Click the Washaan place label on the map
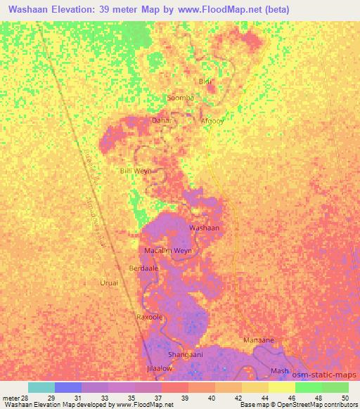205,228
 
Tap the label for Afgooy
212,121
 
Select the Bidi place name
205,82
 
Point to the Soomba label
180,98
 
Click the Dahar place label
162,120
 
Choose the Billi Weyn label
136,171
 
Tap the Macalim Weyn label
167,250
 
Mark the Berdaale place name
143,268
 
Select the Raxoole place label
149,317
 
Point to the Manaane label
258,339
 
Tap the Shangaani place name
186,354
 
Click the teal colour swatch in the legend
41,387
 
